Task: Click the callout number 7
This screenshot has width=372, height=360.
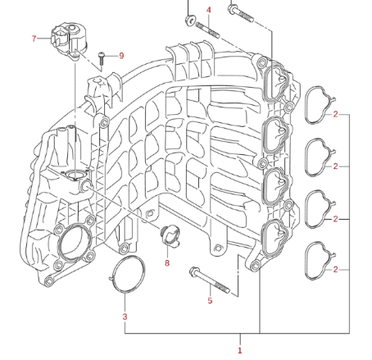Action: [x=34, y=39]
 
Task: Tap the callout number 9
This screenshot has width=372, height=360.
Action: [x=121, y=56]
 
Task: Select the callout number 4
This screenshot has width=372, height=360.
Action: [x=209, y=10]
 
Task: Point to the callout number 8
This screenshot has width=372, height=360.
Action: [x=167, y=263]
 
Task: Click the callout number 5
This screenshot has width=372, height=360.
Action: [x=210, y=301]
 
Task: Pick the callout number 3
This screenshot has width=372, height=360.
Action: [x=125, y=317]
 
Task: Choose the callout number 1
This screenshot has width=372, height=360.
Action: [x=240, y=350]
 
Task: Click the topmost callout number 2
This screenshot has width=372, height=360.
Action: [x=335, y=114]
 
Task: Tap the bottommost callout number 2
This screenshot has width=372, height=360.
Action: [x=335, y=270]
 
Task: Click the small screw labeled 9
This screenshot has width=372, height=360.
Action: [x=102, y=58]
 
